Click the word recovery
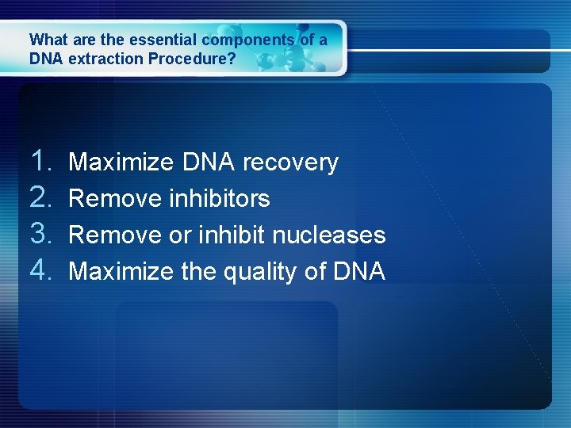click(x=290, y=163)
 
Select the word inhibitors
click(x=220, y=198)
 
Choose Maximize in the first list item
click(x=121, y=162)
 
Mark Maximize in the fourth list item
click(x=121, y=272)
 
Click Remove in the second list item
click(x=115, y=198)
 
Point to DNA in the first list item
click(x=208, y=162)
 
